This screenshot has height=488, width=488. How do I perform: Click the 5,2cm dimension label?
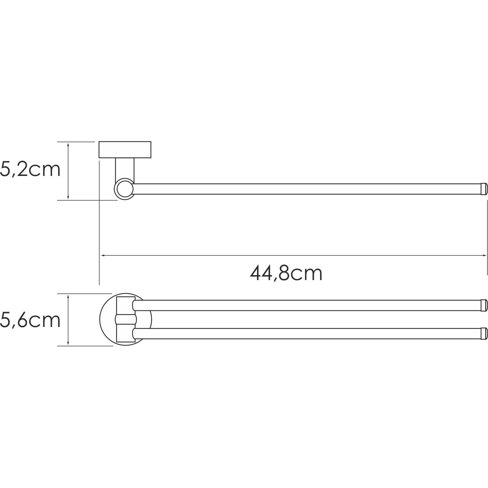pyautogui.click(x=30, y=170)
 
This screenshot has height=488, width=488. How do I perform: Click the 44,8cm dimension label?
pyautogui.click(x=286, y=273)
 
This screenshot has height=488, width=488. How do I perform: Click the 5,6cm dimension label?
pyautogui.click(x=30, y=320)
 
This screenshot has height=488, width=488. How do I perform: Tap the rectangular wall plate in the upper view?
pyautogui.click(x=125, y=150)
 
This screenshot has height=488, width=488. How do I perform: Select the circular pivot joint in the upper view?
pyautogui.click(x=124, y=189)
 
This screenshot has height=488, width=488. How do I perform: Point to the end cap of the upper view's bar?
pyautogui.click(x=484, y=189)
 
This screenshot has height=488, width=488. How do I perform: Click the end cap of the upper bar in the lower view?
pyautogui.click(x=484, y=305)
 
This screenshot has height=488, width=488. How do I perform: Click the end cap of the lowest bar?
pyautogui.click(x=484, y=333)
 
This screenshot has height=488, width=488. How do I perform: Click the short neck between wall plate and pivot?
pyautogui.click(x=125, y=169)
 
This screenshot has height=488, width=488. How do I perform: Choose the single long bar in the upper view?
pyautogui.click(x=306, y=189)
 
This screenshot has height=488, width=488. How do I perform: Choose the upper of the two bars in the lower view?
pyautogui.click(x=306, y=305)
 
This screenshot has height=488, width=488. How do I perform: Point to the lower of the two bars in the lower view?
pyautogui.click(x=306, y=333)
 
